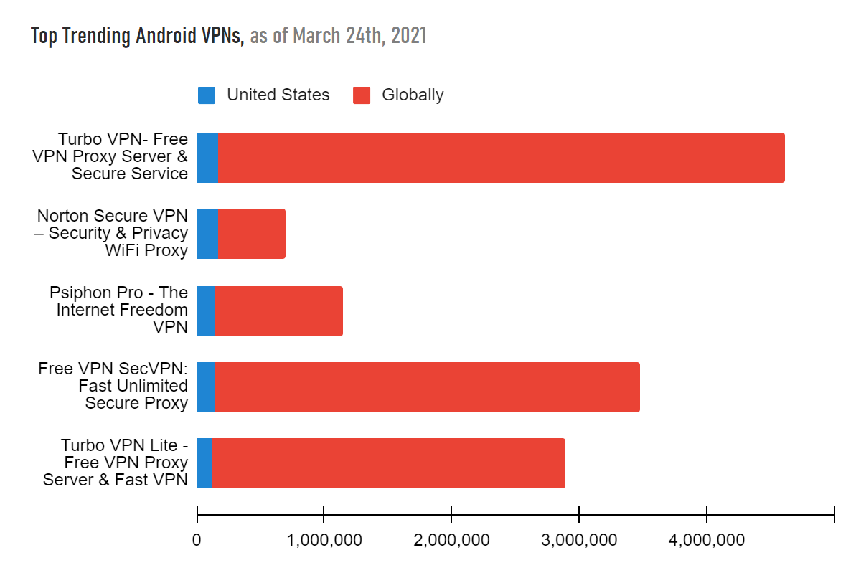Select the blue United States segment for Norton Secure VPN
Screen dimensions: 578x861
click(207, 234)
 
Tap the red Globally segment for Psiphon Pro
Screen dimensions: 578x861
click(278, 311)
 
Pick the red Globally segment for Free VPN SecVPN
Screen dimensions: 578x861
click(427, 387)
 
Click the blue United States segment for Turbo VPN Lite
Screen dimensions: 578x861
click(204, 463)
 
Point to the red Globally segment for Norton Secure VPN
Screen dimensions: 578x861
click(251, 234)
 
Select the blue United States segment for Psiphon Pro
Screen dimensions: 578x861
click(206, 311)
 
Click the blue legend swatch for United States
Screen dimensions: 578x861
click(207, 95)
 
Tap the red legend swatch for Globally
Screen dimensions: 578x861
click(362, 95)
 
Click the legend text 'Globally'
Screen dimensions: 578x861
click(413, 95)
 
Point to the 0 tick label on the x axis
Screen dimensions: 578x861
click(197, 540)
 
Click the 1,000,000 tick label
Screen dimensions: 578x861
click(324, 540)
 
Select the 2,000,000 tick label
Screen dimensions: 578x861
click(451, 540)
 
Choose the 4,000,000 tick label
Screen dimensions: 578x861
click(707, 540)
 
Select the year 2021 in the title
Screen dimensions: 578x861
click(409, 36)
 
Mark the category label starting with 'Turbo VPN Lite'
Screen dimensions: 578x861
click(116, 463)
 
